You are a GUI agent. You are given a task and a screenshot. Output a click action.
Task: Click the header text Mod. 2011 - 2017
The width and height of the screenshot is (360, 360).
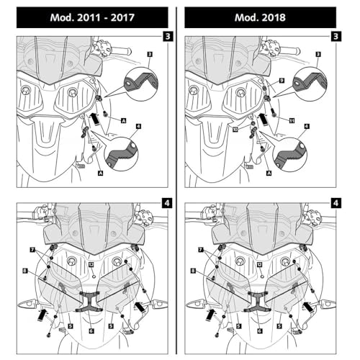[x=92, y=17]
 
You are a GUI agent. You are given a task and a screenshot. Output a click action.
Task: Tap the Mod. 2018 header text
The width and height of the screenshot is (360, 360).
[x=260, y=17]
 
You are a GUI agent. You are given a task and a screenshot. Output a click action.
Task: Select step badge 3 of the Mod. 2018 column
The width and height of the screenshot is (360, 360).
[x=336, y=36]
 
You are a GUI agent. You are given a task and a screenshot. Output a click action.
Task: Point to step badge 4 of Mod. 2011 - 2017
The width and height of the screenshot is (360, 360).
[x=167, y=203]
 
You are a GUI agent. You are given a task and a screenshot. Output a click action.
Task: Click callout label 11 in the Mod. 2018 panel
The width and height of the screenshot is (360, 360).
[x=292, y=120]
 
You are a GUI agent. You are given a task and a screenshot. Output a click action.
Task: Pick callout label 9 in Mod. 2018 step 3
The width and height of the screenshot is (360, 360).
[x=282, y=81]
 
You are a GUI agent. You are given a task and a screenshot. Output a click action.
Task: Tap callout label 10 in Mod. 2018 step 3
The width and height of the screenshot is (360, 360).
[x=235, y=130]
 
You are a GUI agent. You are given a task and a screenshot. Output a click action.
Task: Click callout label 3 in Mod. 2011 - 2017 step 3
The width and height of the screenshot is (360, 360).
[x=150, y=55]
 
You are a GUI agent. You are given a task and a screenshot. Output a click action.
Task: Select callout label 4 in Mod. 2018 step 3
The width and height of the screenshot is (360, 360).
[x=307, y=126]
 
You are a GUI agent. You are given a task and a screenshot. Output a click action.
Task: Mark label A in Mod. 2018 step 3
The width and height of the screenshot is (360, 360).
[x=269, y=173]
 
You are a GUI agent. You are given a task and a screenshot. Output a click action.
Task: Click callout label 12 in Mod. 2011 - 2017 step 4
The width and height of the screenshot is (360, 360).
[x=91, y=264]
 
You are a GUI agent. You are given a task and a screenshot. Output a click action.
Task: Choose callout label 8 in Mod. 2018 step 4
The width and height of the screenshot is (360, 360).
[x=193, y=271]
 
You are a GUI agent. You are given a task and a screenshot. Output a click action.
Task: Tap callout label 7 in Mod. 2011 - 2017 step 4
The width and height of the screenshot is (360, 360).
[x=32, y=250]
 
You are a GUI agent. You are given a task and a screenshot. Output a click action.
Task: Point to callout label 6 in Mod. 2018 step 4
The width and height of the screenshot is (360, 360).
[x=259, y=330]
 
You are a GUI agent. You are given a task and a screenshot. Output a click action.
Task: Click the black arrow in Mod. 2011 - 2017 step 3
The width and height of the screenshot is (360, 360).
[x=96, y=119]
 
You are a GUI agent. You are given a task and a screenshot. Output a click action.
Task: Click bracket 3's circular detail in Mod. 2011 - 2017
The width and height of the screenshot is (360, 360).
[x=141, y=84]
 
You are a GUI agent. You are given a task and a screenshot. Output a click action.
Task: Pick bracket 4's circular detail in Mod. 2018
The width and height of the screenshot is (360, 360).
[x=290, y=154]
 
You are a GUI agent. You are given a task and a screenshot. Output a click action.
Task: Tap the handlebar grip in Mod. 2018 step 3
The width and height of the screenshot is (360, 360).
[x=290, y=51]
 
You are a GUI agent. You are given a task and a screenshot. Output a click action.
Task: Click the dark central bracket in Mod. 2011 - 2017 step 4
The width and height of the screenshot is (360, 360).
[x=89, y=301]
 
